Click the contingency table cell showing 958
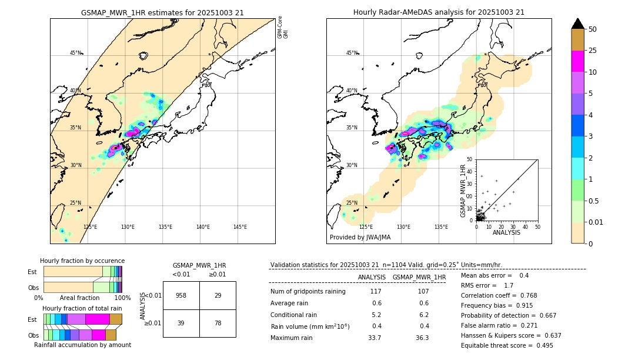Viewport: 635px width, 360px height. tap(181, 295)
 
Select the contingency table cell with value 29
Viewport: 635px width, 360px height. tap(218, 295)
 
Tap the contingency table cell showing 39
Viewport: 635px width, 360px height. tap(181, 324)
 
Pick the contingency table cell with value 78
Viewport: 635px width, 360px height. tap(218, 324)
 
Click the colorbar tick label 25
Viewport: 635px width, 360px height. tap(593, 51)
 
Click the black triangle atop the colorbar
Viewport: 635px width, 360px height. tap(577, 24)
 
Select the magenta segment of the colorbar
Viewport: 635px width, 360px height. tap(577, 61)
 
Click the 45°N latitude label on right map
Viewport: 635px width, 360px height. tap(352, 53)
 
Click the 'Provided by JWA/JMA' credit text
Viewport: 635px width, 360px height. tap(360, 238)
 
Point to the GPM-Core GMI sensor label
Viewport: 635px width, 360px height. tap(283, 28)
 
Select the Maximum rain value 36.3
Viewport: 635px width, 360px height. tap(422, 338)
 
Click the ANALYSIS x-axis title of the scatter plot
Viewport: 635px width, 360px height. tap(506, 232)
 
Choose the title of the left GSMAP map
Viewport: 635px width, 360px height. tap(162, 12)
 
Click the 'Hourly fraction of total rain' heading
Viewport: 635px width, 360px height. tap(82, 308)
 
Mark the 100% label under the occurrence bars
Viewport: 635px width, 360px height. tap(122, 298)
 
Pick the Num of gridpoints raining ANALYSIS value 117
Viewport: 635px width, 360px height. tap(376, 292)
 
